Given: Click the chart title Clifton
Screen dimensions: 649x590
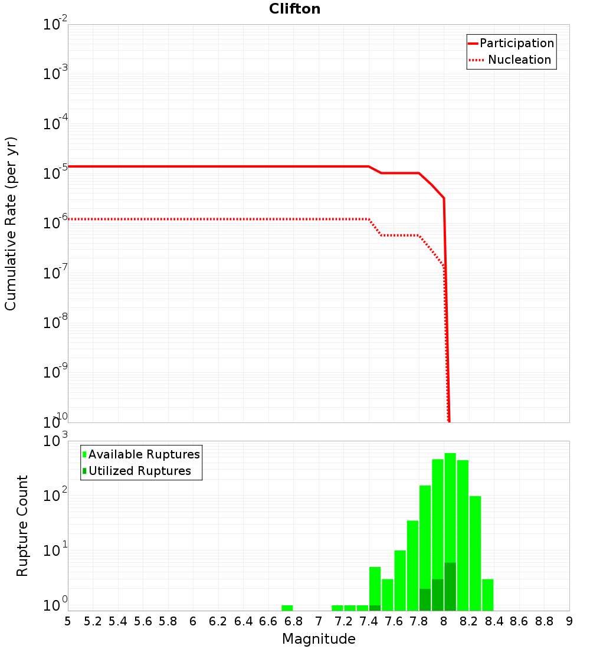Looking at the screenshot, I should pos(294,9).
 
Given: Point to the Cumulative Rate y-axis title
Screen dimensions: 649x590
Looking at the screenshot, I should pos(11,224).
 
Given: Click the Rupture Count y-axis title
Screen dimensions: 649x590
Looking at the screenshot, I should pos(22,526).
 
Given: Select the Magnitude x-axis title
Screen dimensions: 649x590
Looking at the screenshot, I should pos(319,639).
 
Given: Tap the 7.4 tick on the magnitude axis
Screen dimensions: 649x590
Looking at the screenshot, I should pos(369,621).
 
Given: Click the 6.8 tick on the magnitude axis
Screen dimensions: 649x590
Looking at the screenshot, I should pos(293,621).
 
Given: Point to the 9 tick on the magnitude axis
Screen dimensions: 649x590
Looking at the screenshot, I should pos(569,621).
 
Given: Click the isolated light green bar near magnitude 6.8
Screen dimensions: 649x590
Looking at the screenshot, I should pos(287,608).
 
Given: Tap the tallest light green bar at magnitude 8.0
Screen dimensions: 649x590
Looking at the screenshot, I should pos(450,507).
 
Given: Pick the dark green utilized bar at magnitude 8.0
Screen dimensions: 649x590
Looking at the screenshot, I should pos(450,587).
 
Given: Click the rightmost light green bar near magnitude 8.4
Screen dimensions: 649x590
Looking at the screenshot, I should pos(488,595).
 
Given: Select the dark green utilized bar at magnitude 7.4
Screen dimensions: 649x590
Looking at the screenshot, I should pos(375,608).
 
